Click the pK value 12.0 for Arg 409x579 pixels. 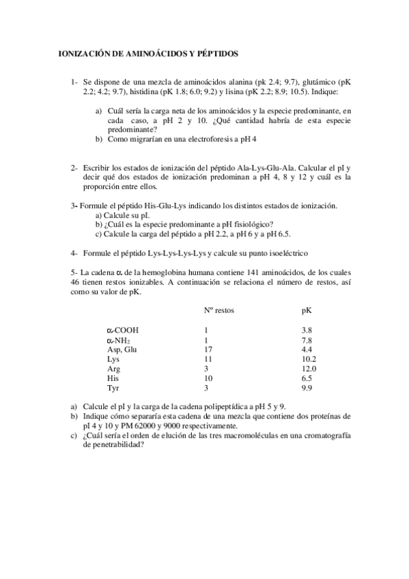pyautogui.click(x=309, y=368)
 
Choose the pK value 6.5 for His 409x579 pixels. pyautogui.click(x=307, y=378)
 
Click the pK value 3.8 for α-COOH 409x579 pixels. pyautogui.click(x=307, y=330)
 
